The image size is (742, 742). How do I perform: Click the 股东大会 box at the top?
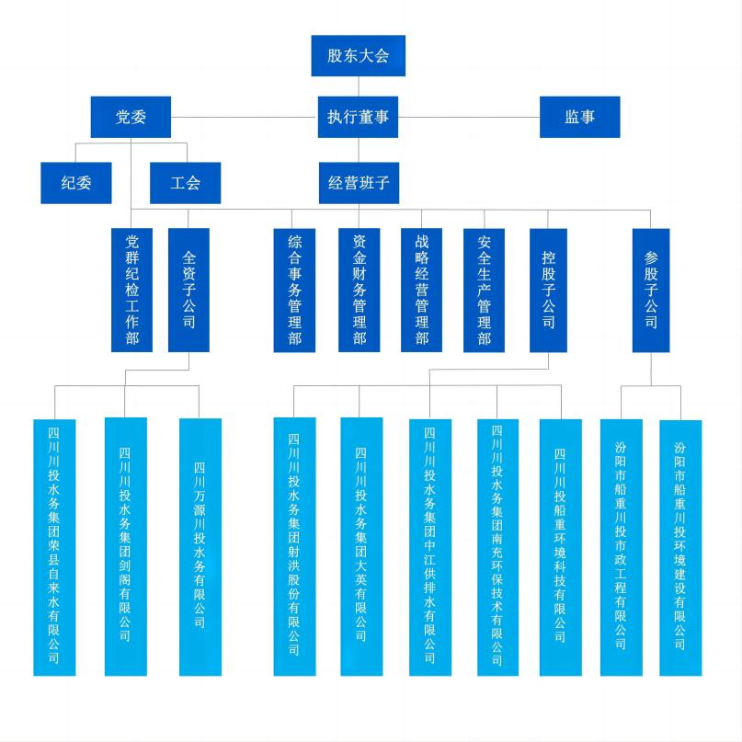pyautogui.click(x=358, y=55)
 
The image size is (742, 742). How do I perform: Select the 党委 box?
pyautogui.click(x=131, y=117)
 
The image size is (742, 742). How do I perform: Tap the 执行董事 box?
pyautogui.click(x=358, y=117)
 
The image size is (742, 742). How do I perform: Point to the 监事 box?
pyautogui.click(x=579, y=117)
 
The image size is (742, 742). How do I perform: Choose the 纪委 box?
pyautogui.click(x=76, y=182)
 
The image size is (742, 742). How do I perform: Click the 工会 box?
pyautogui.click(x=186, y=182)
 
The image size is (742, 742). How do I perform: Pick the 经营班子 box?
pyautogui.click(x=358, y=182)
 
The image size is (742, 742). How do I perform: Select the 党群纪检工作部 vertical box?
pyautogui.click(x=131, y=290)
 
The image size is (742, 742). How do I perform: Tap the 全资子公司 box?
pyautogui.click(x=188, y=290)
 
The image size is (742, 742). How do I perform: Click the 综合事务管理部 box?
pyautogui.click(x=294, y=290)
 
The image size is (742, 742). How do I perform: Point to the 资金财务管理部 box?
pyautogui.click(x=359, y=290)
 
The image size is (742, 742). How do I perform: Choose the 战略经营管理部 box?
pyautogui.click(x=421, y=290)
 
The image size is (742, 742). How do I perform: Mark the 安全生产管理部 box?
pyautogui.click(x=484, y=290)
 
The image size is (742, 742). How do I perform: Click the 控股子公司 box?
pyautogui.click(x=548, y=290)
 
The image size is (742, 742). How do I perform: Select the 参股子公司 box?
pyautogui.click(x=651, y=290)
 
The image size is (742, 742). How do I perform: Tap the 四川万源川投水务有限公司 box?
pyautogui.click(x=200, y=547)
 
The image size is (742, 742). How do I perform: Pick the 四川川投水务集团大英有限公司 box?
pyautogui.click(x=361, y=547)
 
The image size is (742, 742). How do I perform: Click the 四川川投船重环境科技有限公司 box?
pyautogui.click(x=560, y=547)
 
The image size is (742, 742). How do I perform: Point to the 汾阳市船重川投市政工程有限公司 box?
pyautogui.click(x=621, y=547)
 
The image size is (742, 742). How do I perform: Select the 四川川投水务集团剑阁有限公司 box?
pyautogui.click(x=125, y=547)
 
